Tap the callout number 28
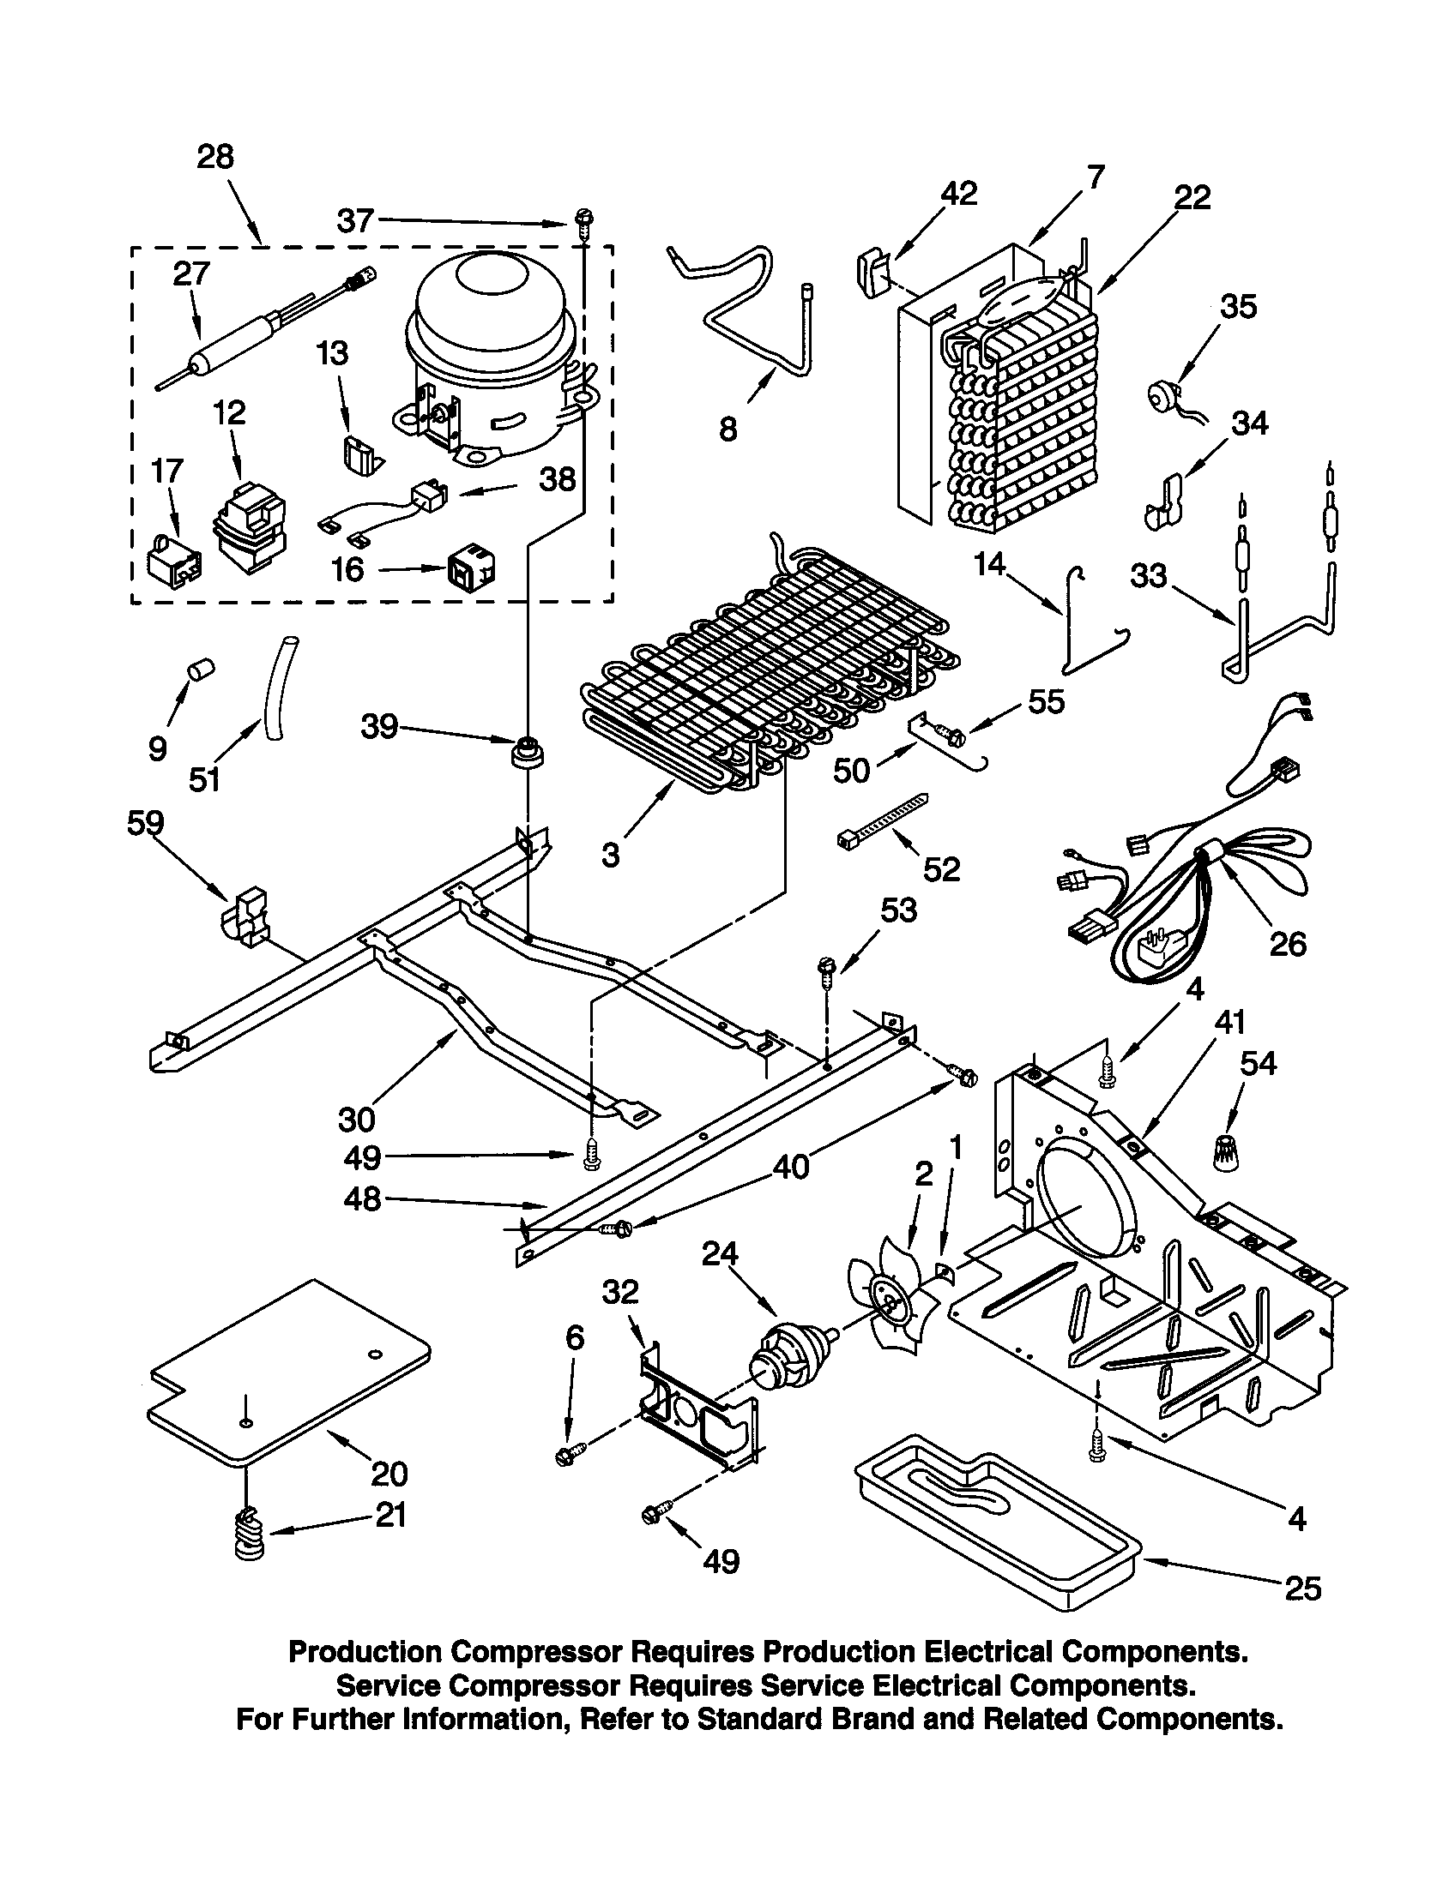[x=215, y=157]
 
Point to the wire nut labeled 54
[x=1224, y=1152]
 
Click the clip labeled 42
[x=873, y=273]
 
